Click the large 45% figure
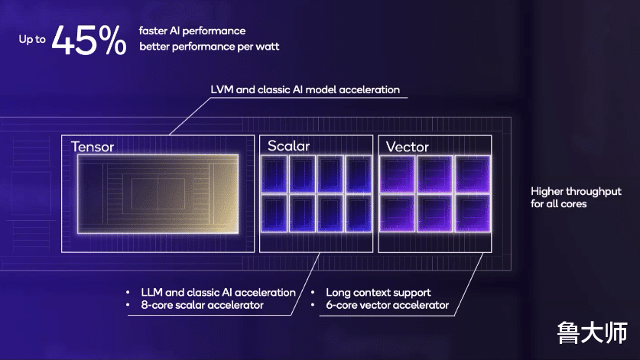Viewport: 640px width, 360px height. coord(89,40)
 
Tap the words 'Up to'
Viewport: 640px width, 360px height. coord(32,40)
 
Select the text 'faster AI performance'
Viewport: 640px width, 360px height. coord(192,31)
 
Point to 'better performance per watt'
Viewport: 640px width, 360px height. coord(209,47)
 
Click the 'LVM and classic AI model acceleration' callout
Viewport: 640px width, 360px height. coord(305,89)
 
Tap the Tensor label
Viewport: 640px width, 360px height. coord(93,147)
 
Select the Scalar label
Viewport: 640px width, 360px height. coord(288,146)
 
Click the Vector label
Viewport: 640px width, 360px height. coord(407,147)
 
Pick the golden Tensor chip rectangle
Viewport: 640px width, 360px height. coord(158,194)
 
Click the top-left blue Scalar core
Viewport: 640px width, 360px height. coord(274,174)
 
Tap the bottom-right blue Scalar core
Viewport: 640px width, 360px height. coord(359,213)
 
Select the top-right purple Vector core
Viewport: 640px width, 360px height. coord(473,174)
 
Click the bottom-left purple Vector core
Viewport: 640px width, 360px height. coord(397,213)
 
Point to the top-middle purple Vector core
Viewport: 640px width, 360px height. coord(435,174)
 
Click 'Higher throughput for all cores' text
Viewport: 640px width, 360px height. coord(576,197)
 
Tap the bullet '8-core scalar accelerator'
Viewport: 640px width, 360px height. coord(202,305)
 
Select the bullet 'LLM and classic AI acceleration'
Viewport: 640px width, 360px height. coord(218,293)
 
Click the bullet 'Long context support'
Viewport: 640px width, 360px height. coord(378,293)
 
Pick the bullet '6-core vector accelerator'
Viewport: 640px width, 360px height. coord(387,305)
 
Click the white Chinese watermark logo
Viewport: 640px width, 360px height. coord(593,332)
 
